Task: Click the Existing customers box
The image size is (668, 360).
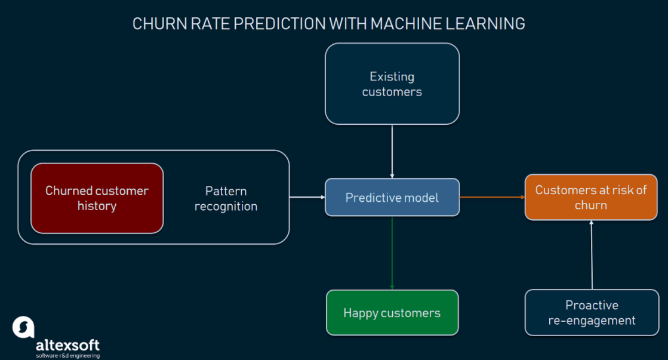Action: (x=392, y=84)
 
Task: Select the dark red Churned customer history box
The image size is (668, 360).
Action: (x=97, y=198)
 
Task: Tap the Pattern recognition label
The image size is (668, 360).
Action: (x=226, y=199)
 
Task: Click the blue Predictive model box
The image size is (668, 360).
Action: (x=392, y=197)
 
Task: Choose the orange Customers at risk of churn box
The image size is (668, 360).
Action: (x=590, y=197)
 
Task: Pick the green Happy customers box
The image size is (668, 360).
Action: (x=392, y=313)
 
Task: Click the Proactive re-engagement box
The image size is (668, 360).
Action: (x=592, y=313)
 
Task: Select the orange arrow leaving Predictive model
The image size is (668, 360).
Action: (x=492, y=197)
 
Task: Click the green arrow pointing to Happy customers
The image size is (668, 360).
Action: (x=392, y=253)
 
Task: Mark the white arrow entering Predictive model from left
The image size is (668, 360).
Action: (x=307, y=197)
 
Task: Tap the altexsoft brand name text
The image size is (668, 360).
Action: (x=67, y=345)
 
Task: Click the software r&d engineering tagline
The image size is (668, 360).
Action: (x=67, y=356)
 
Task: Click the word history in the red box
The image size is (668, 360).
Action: (x=97, y=206)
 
